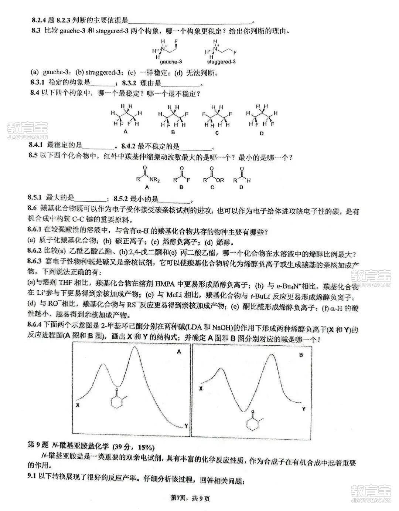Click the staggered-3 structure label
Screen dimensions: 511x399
click(221, 62)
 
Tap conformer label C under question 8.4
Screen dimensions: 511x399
click(217, 133)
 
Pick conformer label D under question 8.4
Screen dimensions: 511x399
click(262, 133)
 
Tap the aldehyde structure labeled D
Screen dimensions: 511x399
click(242, 178)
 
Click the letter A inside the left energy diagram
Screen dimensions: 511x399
click(179, 352)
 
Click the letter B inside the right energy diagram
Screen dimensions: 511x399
click(301, 355)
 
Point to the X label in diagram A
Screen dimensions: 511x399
click(78, 405)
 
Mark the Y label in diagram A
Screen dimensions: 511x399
click(186, 426)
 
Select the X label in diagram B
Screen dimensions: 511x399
click(201, 388)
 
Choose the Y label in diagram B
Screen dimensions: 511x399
click(303, 409)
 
